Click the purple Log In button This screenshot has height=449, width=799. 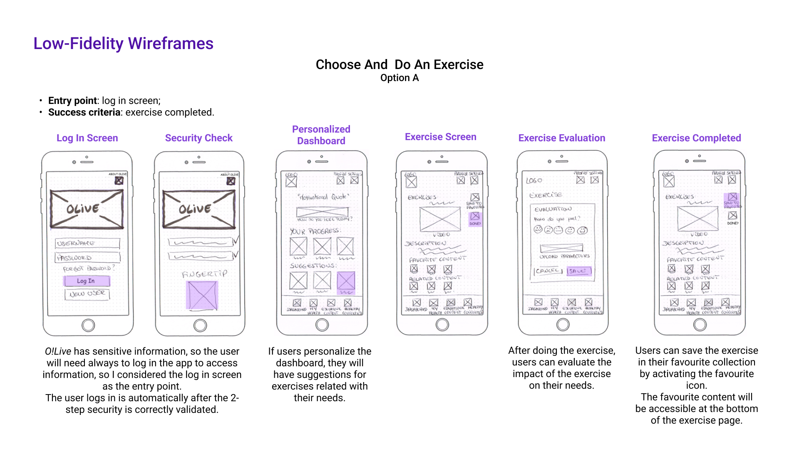pyautogui.click(x=87, y=281)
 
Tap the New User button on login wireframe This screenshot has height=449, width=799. pyautogui.click(x=87, y=294)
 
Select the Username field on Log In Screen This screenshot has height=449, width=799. pyautogui.click(x=87, y=243)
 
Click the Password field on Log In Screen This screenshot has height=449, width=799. pyautogui.click(x=88, y=258)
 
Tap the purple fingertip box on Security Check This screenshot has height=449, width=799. pyautogui.click(x=202, y=295)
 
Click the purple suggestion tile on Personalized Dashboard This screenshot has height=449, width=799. pyautogui.click(x=346, y=281)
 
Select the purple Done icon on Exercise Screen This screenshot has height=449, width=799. pyautogui.click(x=475, y=217)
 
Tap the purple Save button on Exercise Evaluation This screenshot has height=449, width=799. pyautogui.click(x=578, y=271)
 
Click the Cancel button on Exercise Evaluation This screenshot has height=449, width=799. pyautogui.click(x=548, y=271)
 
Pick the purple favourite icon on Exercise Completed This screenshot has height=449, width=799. pyautogui.click(x=732, y=197)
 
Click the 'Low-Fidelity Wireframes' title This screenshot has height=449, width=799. pyautogui.click(x=123, y=44)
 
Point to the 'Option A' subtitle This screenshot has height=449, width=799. pyautogui.click(x=399, y=78)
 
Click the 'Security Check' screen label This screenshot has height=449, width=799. pyautogui.click(x=199, y=138)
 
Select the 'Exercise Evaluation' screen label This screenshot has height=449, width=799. pyautogui.click(x=562, y=138)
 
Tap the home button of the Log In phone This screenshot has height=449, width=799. pyautogui.click(x=88, y=325)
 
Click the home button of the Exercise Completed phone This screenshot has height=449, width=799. pyautogui.click(x=700, y=324)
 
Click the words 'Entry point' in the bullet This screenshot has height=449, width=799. pyautogui.click(x=72, y=101)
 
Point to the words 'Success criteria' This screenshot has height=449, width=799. pyautogui.click(x=84, y=112)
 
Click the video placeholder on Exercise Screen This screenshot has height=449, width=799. pyautogui.click(x=440, y=219)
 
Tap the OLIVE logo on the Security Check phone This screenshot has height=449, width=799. pyautogui.click(x=199, y=209)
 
